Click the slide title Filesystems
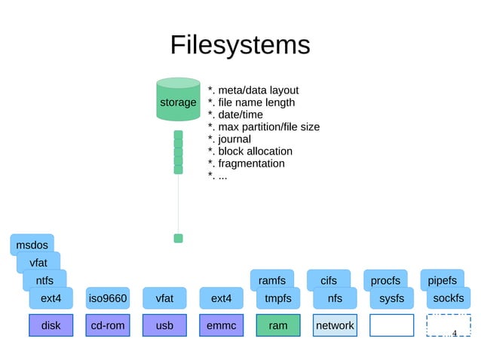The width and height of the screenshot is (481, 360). pos(240,45)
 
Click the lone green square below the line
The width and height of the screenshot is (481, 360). pos(179,239)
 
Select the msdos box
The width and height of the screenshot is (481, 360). pos(32,245)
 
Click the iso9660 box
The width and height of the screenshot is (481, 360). pos(107,299)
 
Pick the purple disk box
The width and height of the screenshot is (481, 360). pos(51,325)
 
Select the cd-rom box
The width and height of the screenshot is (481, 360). pos(107,325)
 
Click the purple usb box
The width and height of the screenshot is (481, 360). pos(164,325)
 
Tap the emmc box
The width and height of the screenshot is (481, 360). pos(221,325)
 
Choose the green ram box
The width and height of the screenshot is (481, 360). pos(277,325)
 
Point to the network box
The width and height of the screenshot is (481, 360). pos(334,325)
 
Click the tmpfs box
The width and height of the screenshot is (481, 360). pos(277,299)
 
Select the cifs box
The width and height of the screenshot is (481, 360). pos(329,281)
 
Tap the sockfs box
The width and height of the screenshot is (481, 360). pos(449,299)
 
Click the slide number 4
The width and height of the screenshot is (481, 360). pos(455,333)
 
